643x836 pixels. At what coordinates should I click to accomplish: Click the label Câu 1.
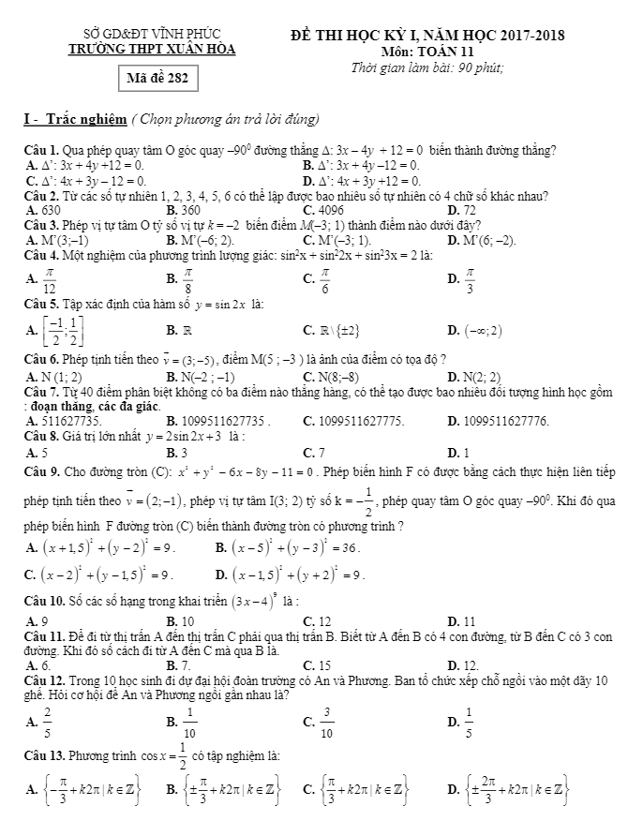tap(42, 149)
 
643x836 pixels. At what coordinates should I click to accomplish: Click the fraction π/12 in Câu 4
tap(49, 278)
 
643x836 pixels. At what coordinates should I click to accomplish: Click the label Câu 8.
tap(42, 437)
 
